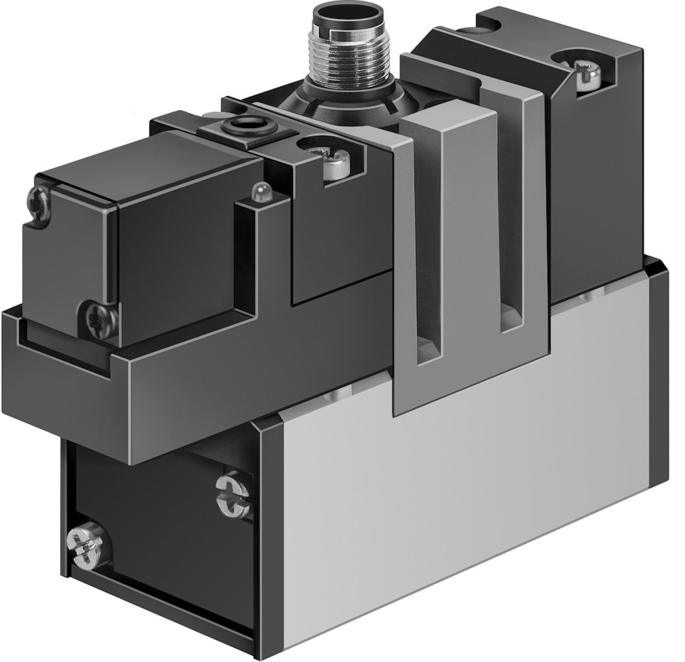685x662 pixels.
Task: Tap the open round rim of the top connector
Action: pos(349,15)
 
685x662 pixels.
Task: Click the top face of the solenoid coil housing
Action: pos(137,164)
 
